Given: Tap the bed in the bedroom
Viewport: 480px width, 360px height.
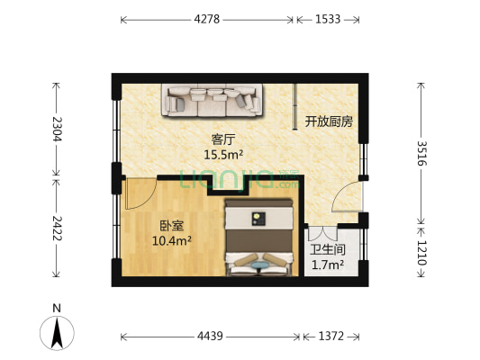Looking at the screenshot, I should click(x=259, y=236).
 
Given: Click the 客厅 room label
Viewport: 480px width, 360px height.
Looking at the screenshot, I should click(x=223, y=139).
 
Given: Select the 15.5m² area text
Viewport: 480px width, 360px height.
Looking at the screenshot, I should click(x=223, y=155).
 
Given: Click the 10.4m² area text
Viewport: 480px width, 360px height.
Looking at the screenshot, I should click(x=146, y=241).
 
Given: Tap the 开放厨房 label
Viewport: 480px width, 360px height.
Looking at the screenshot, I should click(x=329, y=121).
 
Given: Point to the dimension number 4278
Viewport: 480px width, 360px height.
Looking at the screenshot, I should click(x=208, y=19).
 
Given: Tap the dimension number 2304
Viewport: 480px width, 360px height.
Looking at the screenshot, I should click(x=57, y=130).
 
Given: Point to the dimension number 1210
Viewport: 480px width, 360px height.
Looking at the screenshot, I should click(x=422, y=249).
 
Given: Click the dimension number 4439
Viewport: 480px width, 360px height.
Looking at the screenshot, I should click(x=212, y=337).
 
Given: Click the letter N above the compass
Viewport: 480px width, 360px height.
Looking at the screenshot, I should click(x=57, y=308).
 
